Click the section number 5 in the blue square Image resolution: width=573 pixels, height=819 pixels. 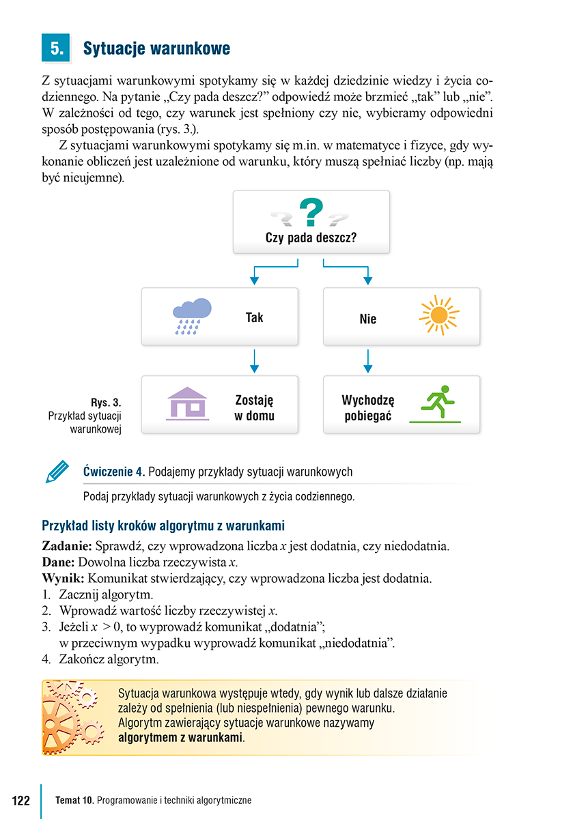pos(57,48)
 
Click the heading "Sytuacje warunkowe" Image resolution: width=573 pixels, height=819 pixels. pos(156,49)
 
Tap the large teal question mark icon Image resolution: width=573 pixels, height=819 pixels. pos(311,212)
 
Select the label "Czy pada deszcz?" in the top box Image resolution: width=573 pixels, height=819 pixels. pos(311,238)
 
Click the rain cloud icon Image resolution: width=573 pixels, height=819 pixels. pos(192,315)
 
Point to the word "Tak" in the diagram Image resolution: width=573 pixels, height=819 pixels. pos(254,317)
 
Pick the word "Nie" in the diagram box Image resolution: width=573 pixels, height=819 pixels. pos(367,319)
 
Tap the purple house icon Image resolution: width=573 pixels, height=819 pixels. pos(187,403)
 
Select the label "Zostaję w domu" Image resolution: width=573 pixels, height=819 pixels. pos(254,408)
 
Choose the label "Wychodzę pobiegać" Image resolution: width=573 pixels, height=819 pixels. pos(368,408)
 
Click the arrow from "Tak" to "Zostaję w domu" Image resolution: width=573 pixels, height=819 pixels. pos(254,361)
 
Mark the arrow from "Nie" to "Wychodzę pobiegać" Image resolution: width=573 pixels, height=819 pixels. pos(368,361)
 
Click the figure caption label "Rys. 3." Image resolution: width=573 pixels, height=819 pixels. pos(106,403)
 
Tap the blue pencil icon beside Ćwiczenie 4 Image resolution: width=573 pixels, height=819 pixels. pos(57,472)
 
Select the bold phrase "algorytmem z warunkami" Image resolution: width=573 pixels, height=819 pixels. pos(181,738)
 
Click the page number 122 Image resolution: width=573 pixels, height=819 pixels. pos(20,801)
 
